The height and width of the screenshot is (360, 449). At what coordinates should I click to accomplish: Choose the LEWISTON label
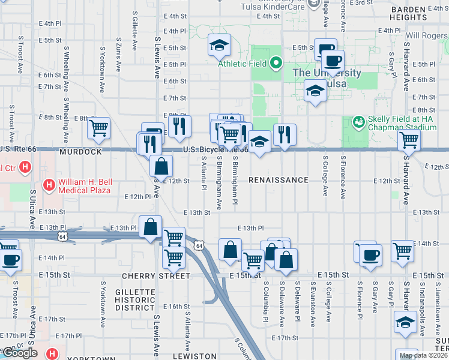coord(194,356)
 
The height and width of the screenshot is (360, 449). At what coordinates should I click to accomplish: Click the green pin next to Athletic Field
coord(276,62)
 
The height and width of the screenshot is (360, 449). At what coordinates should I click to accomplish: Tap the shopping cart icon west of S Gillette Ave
coord(98,127)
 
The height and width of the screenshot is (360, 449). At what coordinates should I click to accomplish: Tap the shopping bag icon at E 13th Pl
coord(150,227)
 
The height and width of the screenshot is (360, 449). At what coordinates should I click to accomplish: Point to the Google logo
coord(20,353)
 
